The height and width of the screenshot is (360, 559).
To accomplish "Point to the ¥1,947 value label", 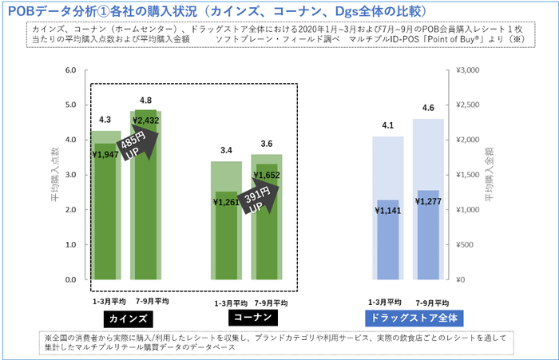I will [x=106, y=155].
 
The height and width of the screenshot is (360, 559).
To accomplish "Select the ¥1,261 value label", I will [x=228, y=202].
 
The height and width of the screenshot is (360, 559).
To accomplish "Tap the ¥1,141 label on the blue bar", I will [x=388, y=211].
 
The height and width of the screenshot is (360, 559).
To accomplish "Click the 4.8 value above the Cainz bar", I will [x=146, y=101].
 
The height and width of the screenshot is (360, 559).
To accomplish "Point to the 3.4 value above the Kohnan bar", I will [x=227, y=150].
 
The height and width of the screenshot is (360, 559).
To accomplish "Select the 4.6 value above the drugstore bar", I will [x=430, y=108].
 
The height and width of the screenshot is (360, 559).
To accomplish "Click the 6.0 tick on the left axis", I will [x=69, y=70].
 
